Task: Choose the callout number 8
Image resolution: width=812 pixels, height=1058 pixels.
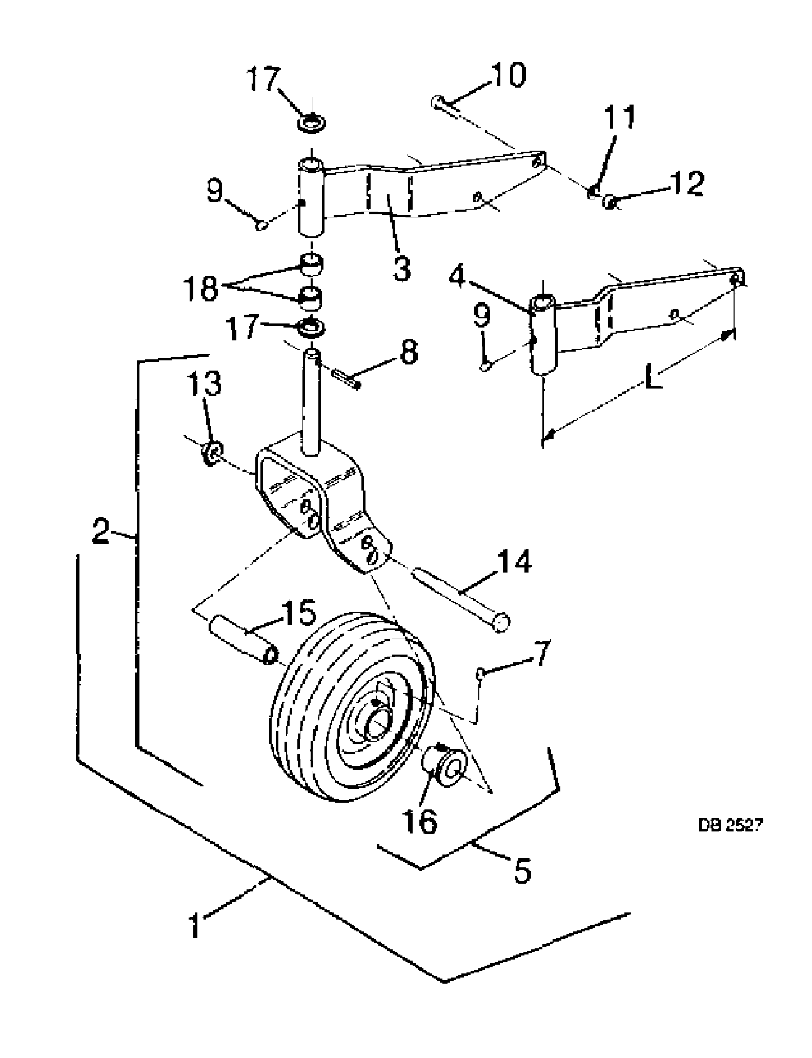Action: (409, 353)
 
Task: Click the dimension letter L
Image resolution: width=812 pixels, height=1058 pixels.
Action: (652, 378)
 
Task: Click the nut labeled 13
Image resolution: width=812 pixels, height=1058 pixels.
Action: (211, 453)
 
